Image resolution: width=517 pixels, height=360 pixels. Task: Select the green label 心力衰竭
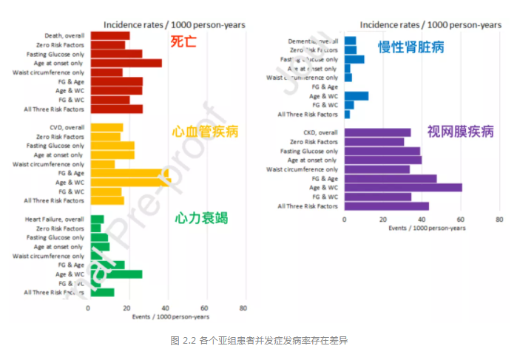tap(201, 218)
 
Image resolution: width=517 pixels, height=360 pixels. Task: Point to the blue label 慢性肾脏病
tap(411, 48)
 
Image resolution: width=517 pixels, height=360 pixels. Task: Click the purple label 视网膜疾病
tap(460, 132)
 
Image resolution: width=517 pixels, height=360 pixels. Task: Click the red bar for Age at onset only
tap(125, 63)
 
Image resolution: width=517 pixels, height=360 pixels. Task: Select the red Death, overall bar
tap(109, 35)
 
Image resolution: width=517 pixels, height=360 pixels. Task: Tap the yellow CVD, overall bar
tap(106, 127)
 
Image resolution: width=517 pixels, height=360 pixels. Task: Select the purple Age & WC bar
tap(403, 188)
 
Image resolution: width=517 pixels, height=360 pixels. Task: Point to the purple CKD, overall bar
tap(377, 132)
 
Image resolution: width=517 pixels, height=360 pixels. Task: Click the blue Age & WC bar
tap(357, 96)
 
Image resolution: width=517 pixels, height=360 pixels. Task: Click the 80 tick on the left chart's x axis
tap(243, 308)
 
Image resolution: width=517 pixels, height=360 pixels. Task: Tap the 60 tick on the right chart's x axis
tap(461, 220)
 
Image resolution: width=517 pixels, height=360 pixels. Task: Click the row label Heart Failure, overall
tap(54, 220)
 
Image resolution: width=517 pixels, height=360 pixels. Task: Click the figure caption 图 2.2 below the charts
tap(258, 341)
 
